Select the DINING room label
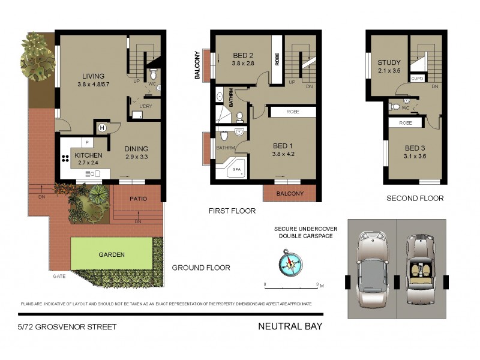tap(136, 149)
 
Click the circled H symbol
tap(102, 128)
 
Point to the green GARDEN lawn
tap(112, 254)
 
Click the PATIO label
tap(138, 199)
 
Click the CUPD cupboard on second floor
tap(418, 79)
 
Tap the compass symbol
tap(290, 263)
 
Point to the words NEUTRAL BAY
tap(290, 327)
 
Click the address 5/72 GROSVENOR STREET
tap(67, 327)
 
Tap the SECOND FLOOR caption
tap(415, 199)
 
